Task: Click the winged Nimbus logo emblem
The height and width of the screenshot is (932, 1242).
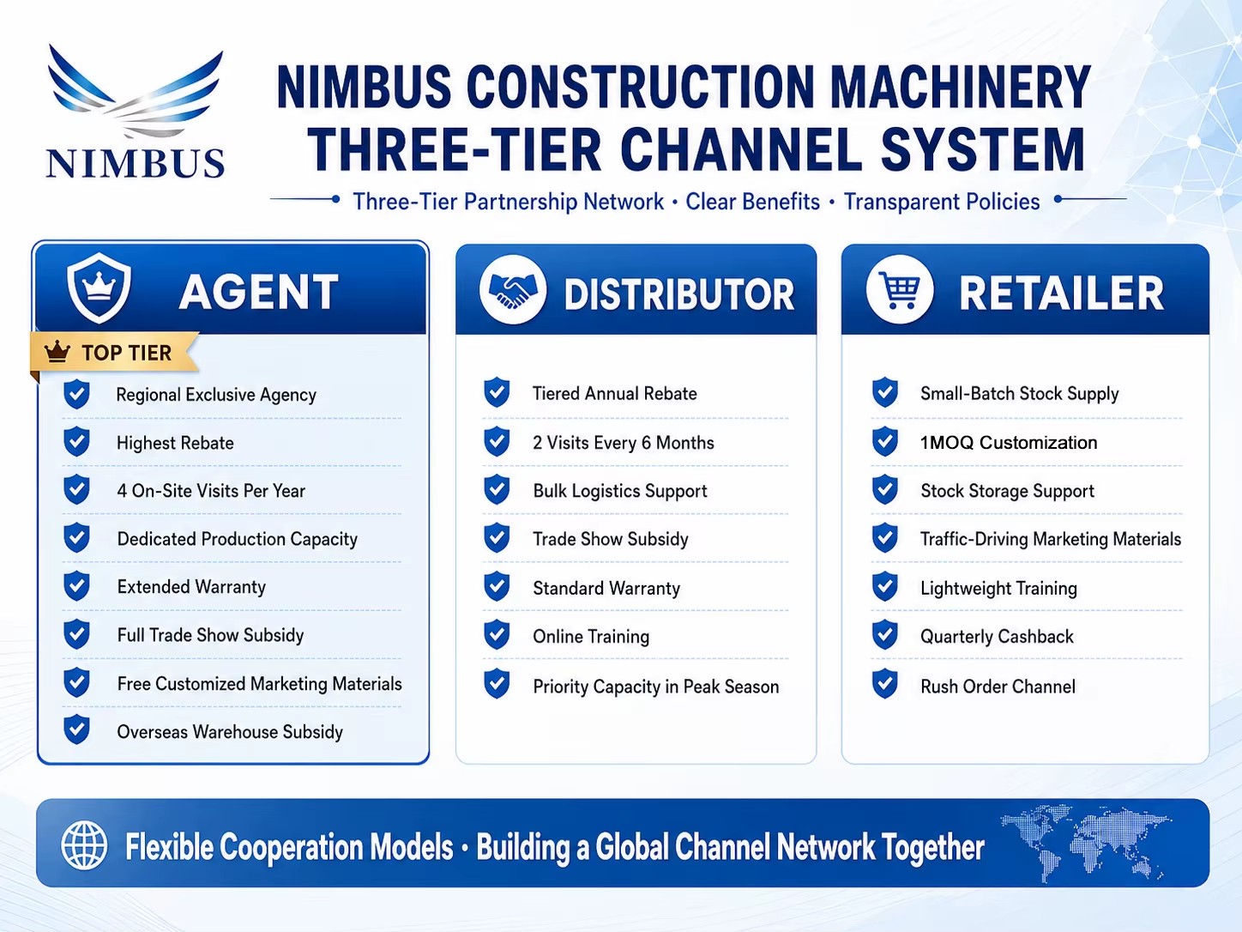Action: (136, 94)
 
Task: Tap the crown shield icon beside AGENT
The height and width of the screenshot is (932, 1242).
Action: (99, 287)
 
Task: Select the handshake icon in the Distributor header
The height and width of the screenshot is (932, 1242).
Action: (513, 290)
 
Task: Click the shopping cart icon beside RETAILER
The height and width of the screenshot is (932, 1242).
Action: (900, 290)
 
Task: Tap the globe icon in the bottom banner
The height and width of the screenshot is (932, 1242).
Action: (84, 845)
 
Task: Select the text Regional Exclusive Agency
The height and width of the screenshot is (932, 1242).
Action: (216, 395)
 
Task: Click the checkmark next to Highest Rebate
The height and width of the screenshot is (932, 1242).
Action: (76, 442)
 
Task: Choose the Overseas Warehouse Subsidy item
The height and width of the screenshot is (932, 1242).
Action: (230, 732)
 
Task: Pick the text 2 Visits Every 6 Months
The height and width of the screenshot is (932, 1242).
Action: (624, 443)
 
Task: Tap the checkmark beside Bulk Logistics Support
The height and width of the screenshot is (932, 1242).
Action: (497, 490)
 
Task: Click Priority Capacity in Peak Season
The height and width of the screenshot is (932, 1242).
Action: (656, 687)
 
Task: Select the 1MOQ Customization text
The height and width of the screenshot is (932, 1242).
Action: (1009, 443)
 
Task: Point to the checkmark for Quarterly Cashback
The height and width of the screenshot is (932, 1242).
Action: (885, 635)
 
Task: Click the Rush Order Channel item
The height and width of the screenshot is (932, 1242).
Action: (998, 687)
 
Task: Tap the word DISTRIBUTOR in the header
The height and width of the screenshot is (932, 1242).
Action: (679, 294)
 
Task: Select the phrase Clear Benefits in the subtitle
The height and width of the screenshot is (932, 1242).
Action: (752, 202)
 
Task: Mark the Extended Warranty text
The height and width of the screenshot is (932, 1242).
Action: (191, 587)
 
